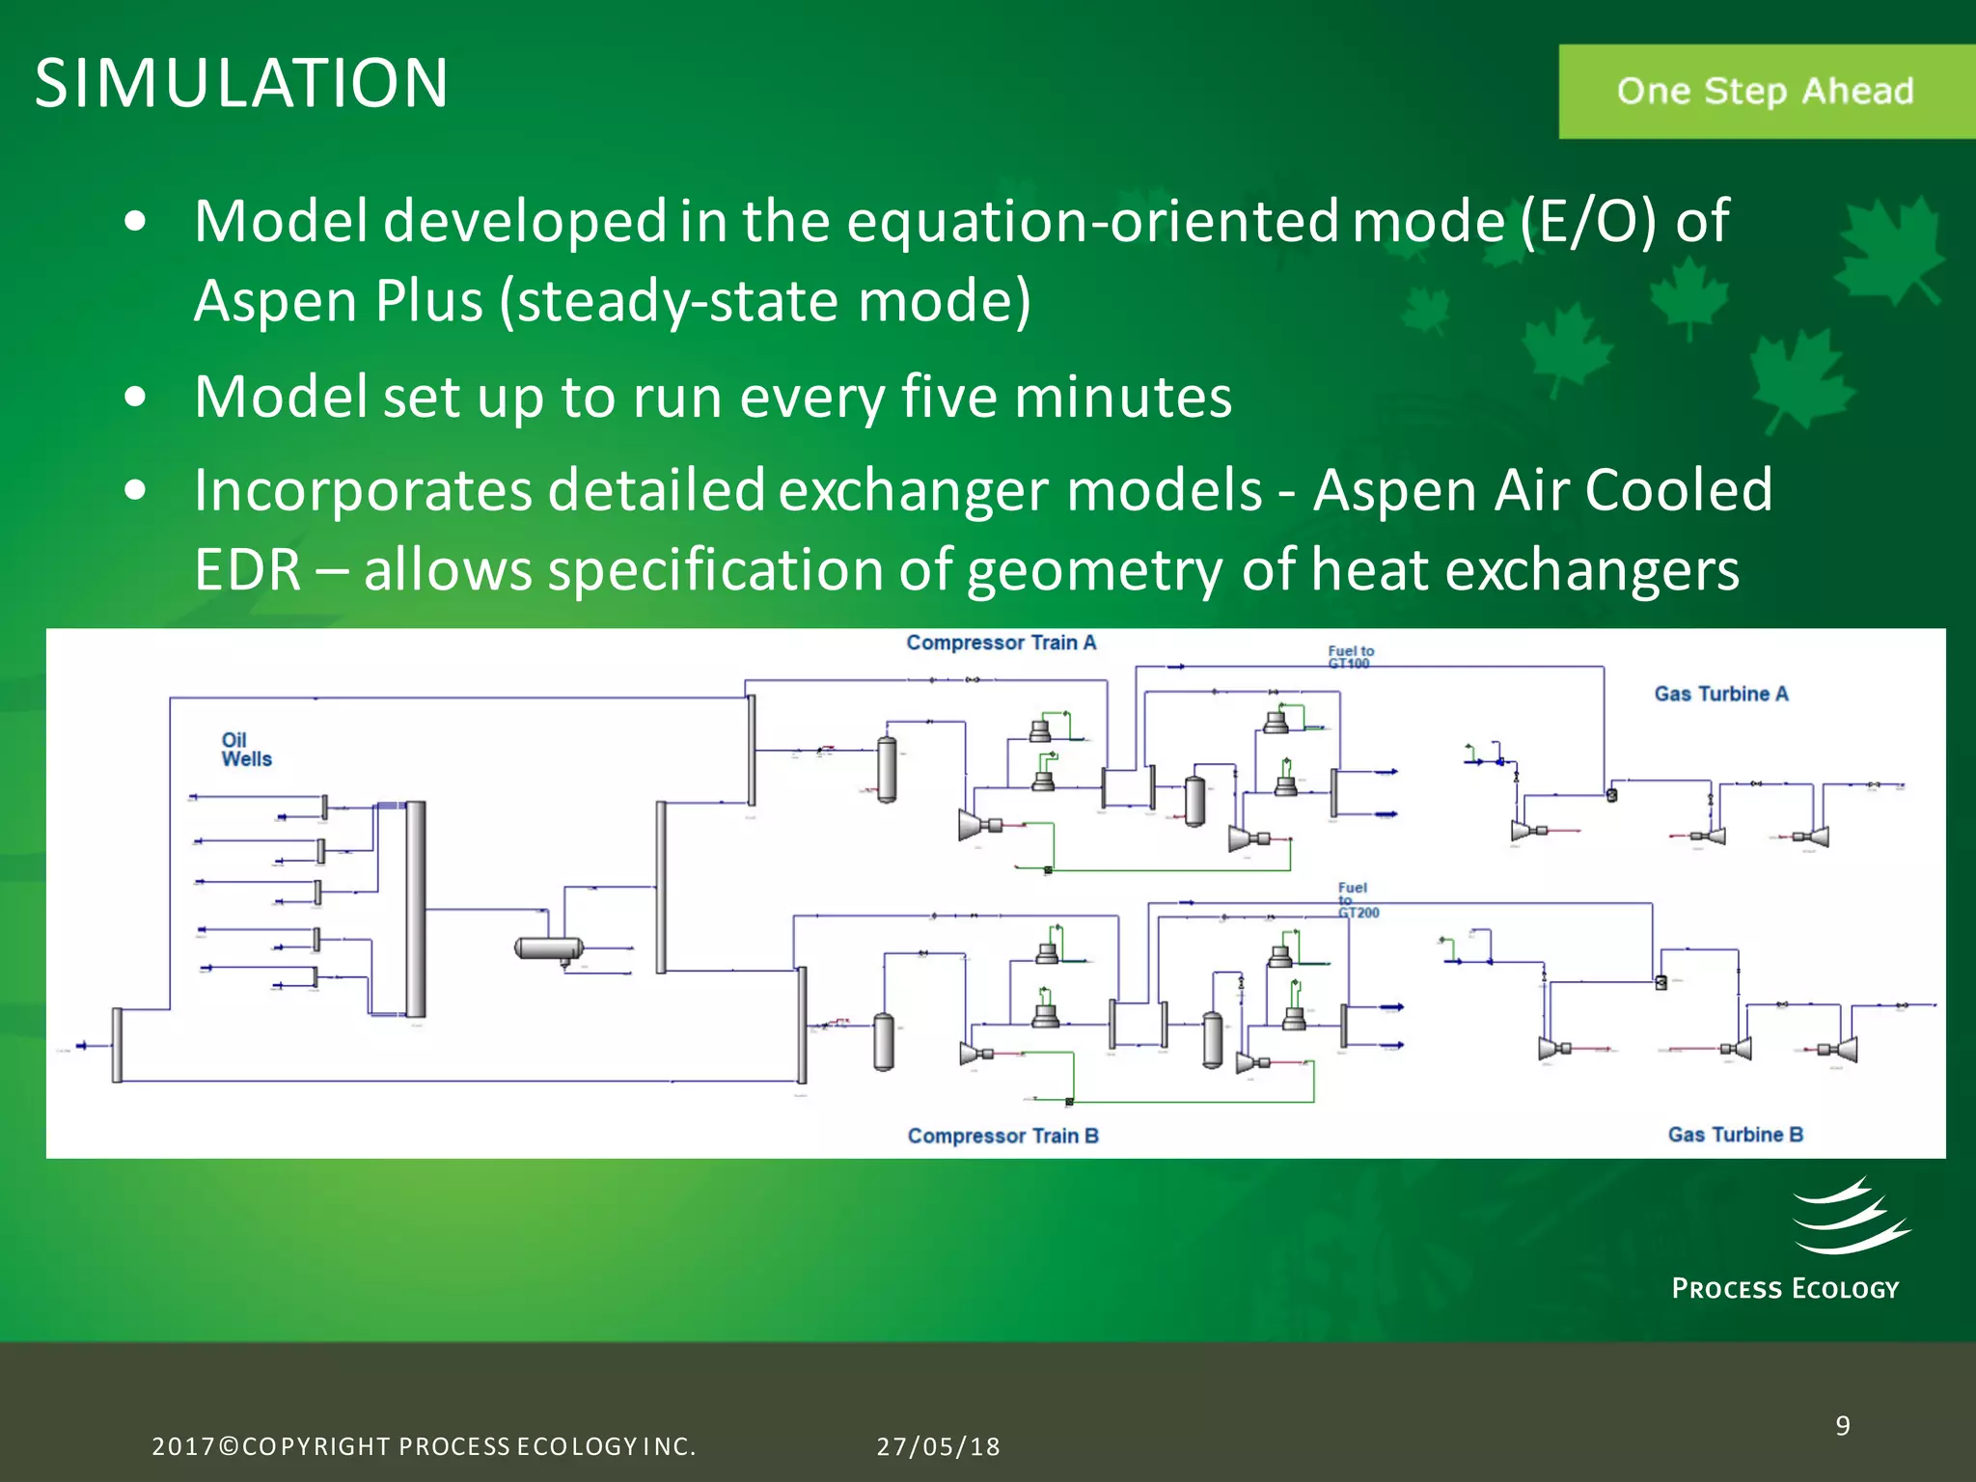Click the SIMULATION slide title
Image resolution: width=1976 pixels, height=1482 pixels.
pyautogui.click(x=241, y=83)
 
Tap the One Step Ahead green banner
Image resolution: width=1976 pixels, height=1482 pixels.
pyautogui.click(x=1765, y=92)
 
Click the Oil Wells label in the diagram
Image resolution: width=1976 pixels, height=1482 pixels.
pyautogui.click(x=246, y=750)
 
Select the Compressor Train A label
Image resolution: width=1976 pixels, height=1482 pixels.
pyautogui.click(x=1001, y=643)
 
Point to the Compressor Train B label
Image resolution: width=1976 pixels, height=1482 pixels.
pyautogui.click(x=1002, y=1136)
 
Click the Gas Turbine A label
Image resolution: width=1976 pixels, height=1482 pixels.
pyautogui.click(x=1720, y=694)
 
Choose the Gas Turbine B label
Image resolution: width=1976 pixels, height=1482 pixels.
pyautogui.click(x=1735, y=1135)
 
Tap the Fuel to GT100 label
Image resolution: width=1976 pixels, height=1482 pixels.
pyautogui.click(x=1350, y=657)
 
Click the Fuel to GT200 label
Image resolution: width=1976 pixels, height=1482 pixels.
pyautogui.click(x=1357, y=900)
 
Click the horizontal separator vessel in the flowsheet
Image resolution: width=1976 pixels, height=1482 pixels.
pyautogui.click(x=548, y=948)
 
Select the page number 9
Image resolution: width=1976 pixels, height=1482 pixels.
pyautogui.click(x=1842, y=1426)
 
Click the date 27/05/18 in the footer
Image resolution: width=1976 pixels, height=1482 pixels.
pyautogui.click(x=938, y=1446)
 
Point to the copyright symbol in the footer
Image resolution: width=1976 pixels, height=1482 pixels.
pyautogui.click(x=229, y=1446)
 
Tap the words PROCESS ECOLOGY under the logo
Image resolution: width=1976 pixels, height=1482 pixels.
pyautogui.click(x=1785, y=1289)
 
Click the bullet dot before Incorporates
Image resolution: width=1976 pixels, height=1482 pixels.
pyautogui.click(x=136, y=490)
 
